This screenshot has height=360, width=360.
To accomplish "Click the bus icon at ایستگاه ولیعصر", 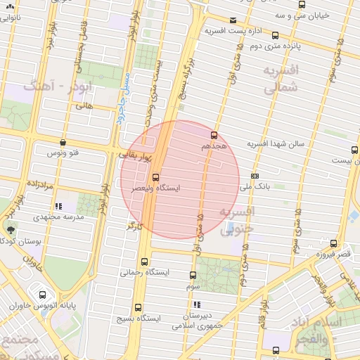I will coord(155,177).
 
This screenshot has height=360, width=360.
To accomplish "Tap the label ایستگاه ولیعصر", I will coord(156,188).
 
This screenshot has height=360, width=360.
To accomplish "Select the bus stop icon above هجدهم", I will coord(214,135).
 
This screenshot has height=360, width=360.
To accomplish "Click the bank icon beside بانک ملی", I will coord(254,176).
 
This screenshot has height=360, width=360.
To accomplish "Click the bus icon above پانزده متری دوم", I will coord(275,35).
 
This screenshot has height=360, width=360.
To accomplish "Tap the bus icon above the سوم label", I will coord(193,275).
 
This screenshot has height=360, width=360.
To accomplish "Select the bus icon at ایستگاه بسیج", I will coord(137,307).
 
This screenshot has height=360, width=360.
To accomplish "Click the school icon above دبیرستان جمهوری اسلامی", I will coord(198,304).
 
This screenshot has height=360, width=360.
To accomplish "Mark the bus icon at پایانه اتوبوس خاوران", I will coord(44,295).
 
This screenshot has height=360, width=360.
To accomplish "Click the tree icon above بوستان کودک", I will coord(11,229).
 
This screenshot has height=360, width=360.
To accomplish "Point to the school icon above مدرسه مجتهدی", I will coord(58,207).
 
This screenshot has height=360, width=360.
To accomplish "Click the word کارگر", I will coord(134,226).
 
